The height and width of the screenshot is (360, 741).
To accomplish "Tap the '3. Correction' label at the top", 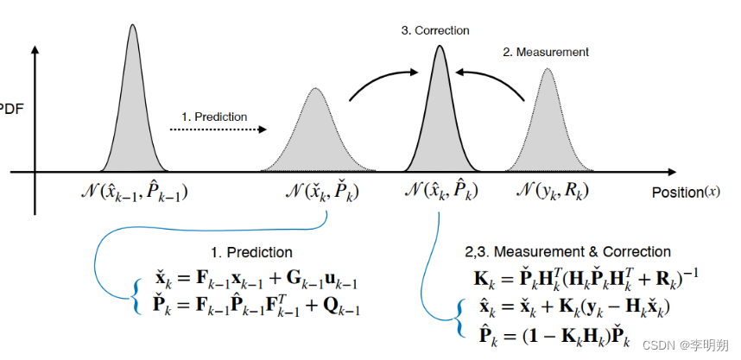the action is pos(435,30).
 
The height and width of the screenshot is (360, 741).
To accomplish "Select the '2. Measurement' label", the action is pos(546,52).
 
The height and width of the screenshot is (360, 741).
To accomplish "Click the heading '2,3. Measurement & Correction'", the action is pos(567,252).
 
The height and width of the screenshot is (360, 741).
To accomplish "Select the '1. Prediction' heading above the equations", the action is pos(250,253).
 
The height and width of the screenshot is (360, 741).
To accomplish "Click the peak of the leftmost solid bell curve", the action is pos(133,27).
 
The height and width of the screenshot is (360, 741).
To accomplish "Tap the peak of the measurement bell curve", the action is pos(547,70).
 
